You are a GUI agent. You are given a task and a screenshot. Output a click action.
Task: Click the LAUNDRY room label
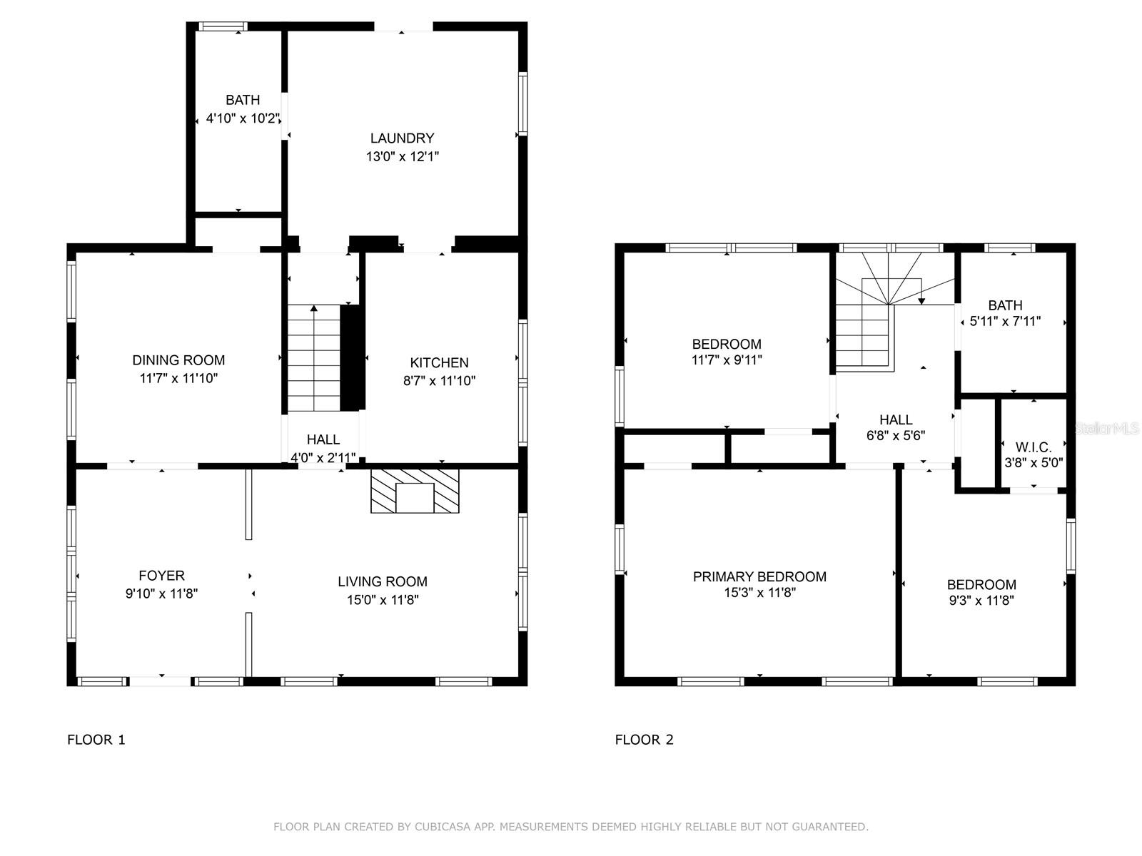click(402, 138)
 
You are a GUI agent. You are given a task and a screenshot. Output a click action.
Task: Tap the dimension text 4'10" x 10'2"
click(243, 118)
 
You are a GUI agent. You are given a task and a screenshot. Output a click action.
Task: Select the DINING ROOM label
click(178, 360)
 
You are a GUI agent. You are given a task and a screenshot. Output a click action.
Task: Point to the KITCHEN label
click(439, 363)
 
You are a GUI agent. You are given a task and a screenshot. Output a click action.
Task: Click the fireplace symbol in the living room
click(415, 491)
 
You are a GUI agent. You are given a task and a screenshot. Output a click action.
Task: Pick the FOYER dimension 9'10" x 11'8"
click(161, 593)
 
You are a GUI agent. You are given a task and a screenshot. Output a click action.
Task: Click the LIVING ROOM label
click(383, 581)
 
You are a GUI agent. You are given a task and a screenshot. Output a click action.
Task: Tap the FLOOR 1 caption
click(96, 740)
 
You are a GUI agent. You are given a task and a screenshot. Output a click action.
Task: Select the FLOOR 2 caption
click(644, 740)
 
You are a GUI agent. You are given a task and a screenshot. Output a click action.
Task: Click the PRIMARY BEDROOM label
click(759, 577)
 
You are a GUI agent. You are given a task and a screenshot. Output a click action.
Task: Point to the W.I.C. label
click(1034, 447)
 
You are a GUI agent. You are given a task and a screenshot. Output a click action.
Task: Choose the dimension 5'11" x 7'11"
click(1005, 321)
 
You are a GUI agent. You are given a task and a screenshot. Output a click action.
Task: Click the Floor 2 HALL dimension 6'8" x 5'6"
click(896, 436)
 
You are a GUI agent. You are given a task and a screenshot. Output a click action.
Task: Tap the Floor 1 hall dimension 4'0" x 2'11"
click(323, 458)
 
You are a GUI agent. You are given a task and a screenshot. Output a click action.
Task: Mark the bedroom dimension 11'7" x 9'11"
click(727, 360)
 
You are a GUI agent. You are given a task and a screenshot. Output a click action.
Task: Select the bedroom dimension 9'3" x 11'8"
click(981, 601)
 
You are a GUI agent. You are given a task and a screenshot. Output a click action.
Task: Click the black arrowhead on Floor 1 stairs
click(314, 309)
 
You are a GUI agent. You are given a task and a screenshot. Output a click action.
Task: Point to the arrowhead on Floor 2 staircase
click(921, 301)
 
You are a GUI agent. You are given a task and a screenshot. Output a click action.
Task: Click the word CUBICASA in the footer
click(443, 827)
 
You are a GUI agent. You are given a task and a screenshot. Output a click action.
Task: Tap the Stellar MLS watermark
click(1107, 429)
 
